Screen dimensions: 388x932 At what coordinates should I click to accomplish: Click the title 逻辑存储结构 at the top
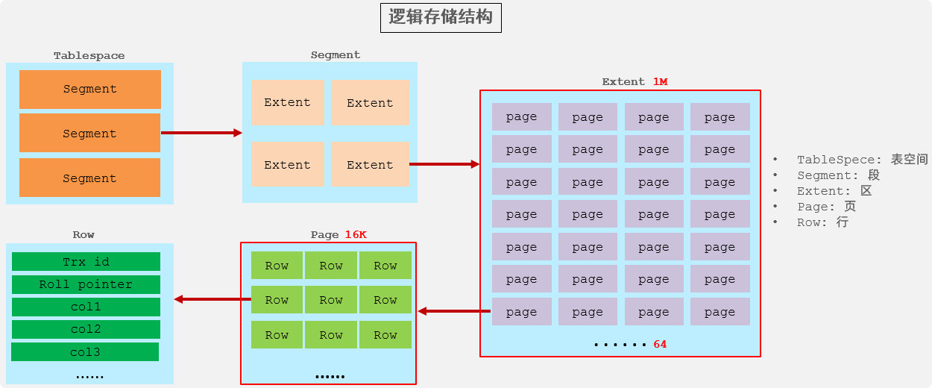point(441,18)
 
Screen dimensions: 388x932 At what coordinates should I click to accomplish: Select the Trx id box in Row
point(86,262)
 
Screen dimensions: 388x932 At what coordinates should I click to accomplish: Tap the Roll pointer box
point(86,284)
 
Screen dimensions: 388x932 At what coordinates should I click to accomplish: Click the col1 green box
point(86,307)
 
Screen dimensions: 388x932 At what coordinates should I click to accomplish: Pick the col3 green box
point(85,352)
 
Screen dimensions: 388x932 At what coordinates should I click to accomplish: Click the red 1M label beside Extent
point(660,81)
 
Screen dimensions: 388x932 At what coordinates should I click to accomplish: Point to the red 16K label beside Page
point(356,234)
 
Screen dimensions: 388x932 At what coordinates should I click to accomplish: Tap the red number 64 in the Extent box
point(660,344)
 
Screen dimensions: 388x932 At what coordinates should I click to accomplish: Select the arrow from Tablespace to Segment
point(201,133)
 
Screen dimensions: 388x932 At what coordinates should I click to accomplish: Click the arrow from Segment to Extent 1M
point(444,164)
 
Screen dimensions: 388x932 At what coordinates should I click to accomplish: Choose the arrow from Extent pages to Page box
point(454,311)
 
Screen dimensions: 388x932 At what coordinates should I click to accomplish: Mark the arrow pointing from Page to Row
point(212,299)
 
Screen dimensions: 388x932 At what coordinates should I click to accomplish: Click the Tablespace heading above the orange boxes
point(89,56)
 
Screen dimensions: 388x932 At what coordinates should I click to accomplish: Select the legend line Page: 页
point(826,207)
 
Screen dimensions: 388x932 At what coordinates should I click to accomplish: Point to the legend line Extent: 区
point(834,191)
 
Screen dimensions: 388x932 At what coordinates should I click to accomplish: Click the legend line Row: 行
point(822,222)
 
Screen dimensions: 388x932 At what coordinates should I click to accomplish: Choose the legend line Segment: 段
point(838,175)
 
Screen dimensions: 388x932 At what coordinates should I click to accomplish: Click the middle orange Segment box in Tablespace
point(89,134)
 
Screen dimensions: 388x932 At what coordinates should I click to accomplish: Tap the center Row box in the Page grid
point(331,300)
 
